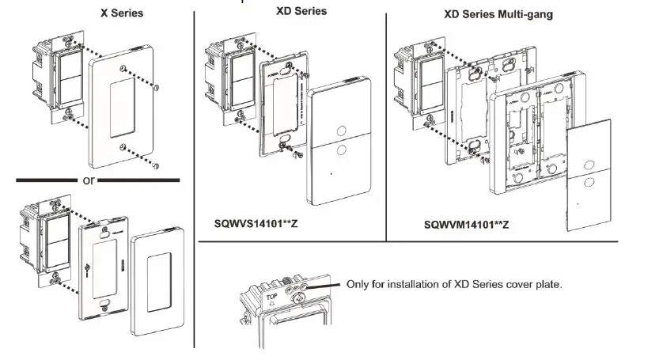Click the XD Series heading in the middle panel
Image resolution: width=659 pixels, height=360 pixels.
[301, 11]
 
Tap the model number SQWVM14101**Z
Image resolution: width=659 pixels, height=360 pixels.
[466, 225]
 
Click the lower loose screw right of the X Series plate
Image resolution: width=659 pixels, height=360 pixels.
[157, 164]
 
